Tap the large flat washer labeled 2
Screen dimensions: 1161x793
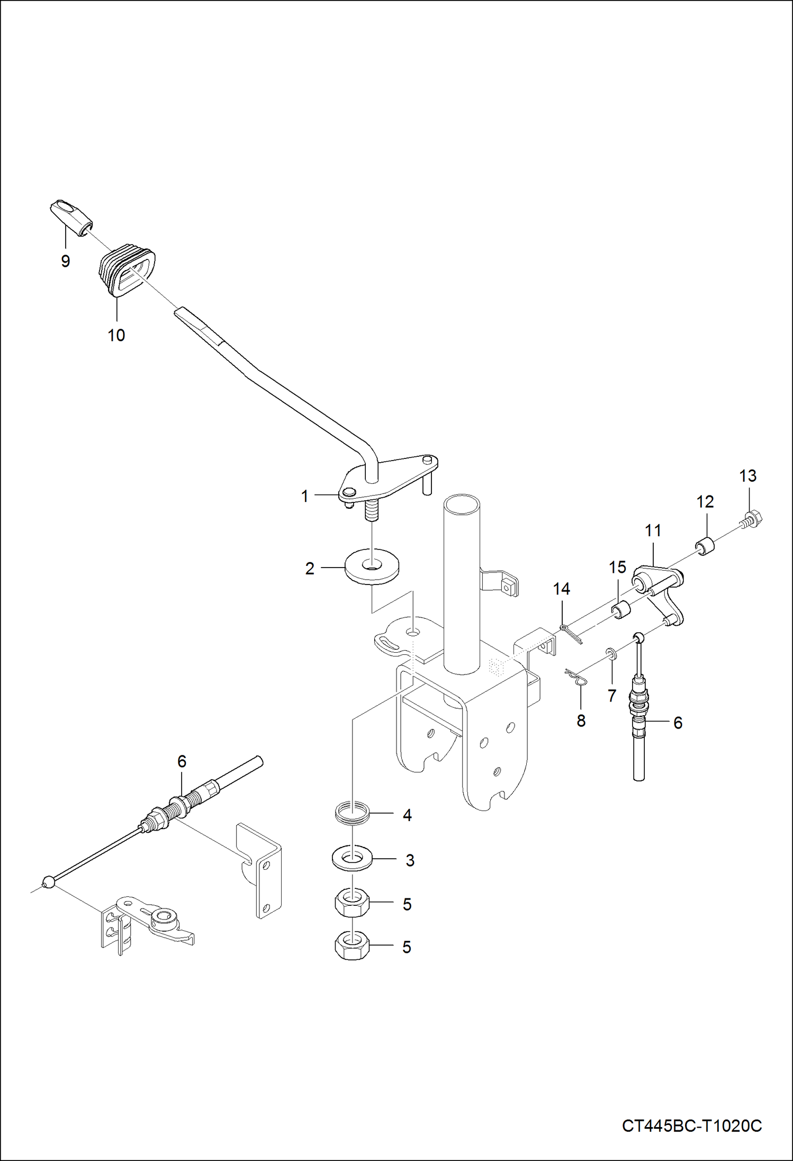(372, 568)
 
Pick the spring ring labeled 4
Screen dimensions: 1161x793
(353, 814)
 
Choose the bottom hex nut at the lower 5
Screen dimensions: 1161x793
(352, 947)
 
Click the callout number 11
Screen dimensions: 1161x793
(653, 530)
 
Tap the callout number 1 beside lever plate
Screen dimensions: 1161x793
(304, 496)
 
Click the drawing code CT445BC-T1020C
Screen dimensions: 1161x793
(691, 1126)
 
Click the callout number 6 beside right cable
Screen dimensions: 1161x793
(678, 723)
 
